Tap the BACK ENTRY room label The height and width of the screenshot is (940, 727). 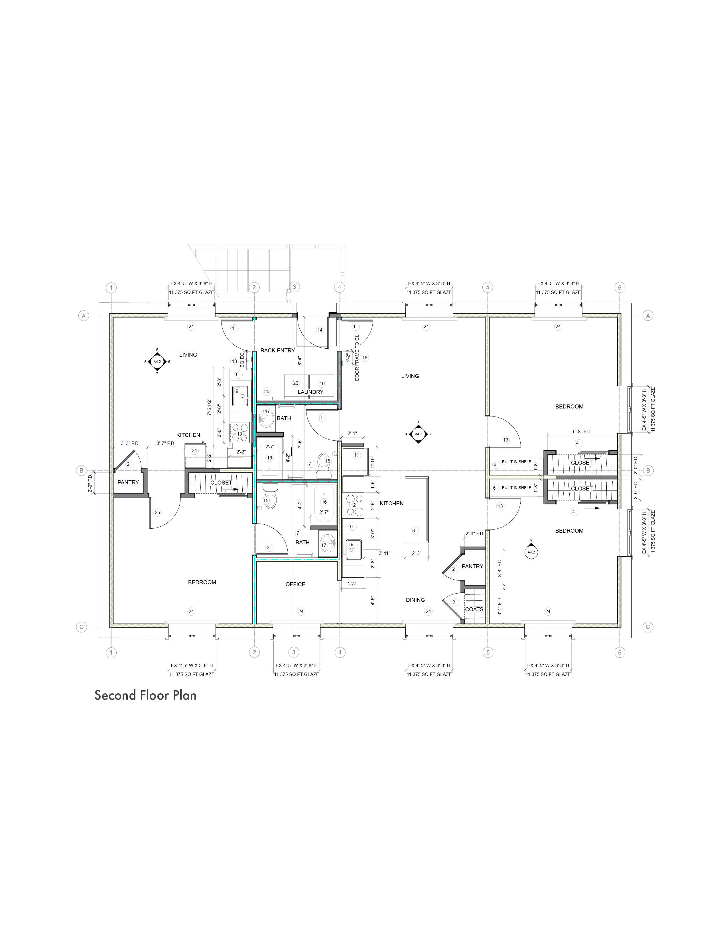[277, 350]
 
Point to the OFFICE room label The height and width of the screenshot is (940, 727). [295, 584]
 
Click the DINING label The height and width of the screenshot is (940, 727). [415, 600]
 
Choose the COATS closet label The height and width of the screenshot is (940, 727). [474, 609]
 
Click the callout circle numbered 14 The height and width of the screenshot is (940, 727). [320, 330]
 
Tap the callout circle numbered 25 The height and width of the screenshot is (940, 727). [157, 512]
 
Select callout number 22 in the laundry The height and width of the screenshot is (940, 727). [295, 383]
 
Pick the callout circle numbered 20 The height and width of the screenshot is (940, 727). [267, 391]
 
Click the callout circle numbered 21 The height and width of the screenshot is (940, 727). [194, 450]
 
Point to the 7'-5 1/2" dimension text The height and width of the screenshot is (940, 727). [209, 407]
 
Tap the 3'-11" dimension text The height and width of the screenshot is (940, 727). [384, 553]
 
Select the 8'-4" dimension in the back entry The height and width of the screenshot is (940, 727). [300, 361]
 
